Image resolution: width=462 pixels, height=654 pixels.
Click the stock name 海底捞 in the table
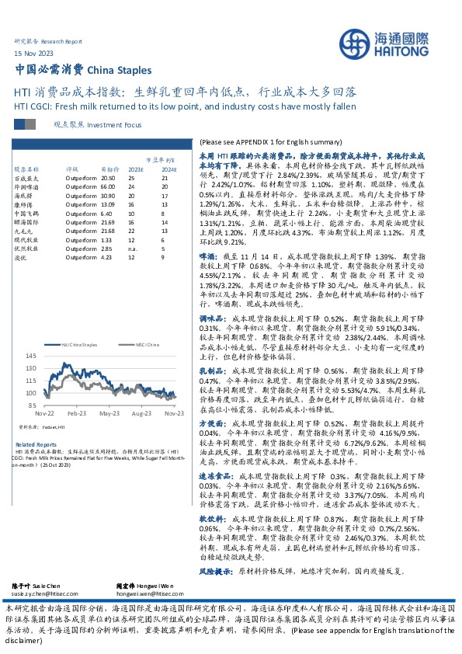(24, 196)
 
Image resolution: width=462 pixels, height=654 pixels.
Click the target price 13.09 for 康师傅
(108, 205)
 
